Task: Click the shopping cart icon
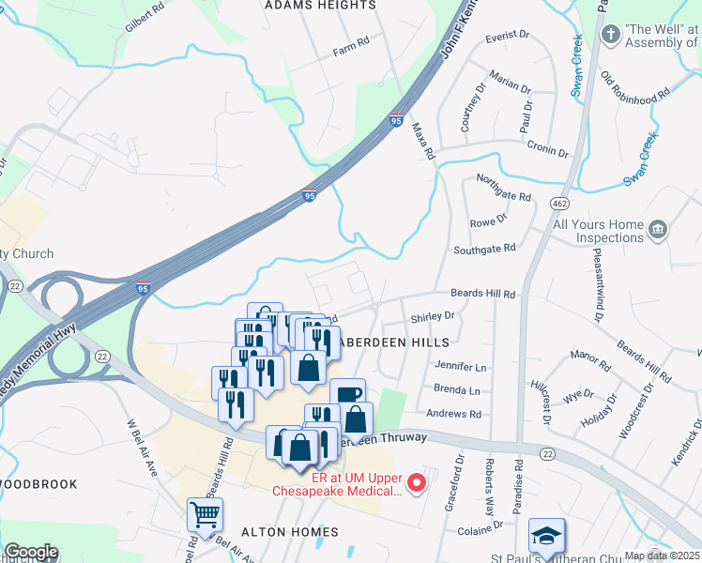205,514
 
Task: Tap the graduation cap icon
546,535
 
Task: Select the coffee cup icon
347,395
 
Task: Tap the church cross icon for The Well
611,36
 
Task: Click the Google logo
31,552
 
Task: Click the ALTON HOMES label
290,532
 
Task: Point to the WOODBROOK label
38,484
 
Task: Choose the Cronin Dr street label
548,150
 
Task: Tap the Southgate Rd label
485,249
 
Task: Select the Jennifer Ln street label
461,367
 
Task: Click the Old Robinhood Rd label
635,86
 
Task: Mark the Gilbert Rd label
141,20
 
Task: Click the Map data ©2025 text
663,555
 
